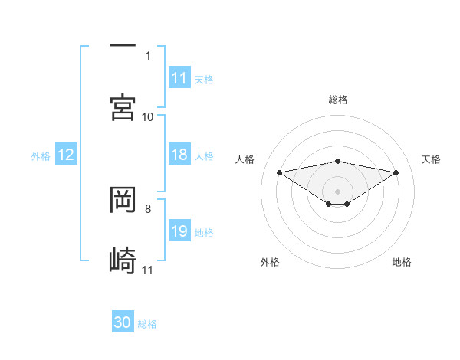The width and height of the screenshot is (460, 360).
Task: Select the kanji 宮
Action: [123, 106]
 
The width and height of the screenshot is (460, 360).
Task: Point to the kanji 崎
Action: [123, 260]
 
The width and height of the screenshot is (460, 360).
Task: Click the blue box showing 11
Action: [179, 78]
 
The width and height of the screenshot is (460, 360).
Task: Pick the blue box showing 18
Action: [179, 155]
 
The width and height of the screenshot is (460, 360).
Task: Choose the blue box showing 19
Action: [179, 231]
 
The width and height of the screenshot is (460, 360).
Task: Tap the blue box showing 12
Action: [66, 155]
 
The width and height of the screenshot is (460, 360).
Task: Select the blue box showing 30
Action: [123, 322]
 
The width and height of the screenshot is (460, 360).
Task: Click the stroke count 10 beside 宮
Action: [148, 116]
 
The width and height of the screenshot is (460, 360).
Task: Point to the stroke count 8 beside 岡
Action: [147, 208]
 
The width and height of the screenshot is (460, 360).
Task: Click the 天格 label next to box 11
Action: [204, 79]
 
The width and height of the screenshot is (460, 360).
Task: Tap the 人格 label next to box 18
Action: [204, 155]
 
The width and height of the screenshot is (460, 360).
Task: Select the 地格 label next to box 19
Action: [204, 232]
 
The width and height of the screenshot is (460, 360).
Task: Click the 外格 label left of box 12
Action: [41, 155]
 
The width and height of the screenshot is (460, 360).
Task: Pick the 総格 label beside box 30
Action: [147, 323]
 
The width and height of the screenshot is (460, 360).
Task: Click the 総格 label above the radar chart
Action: [338, 100]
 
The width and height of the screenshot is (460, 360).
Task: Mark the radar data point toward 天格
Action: [396, 172]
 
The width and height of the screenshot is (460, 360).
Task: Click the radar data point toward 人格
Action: [280, 172]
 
